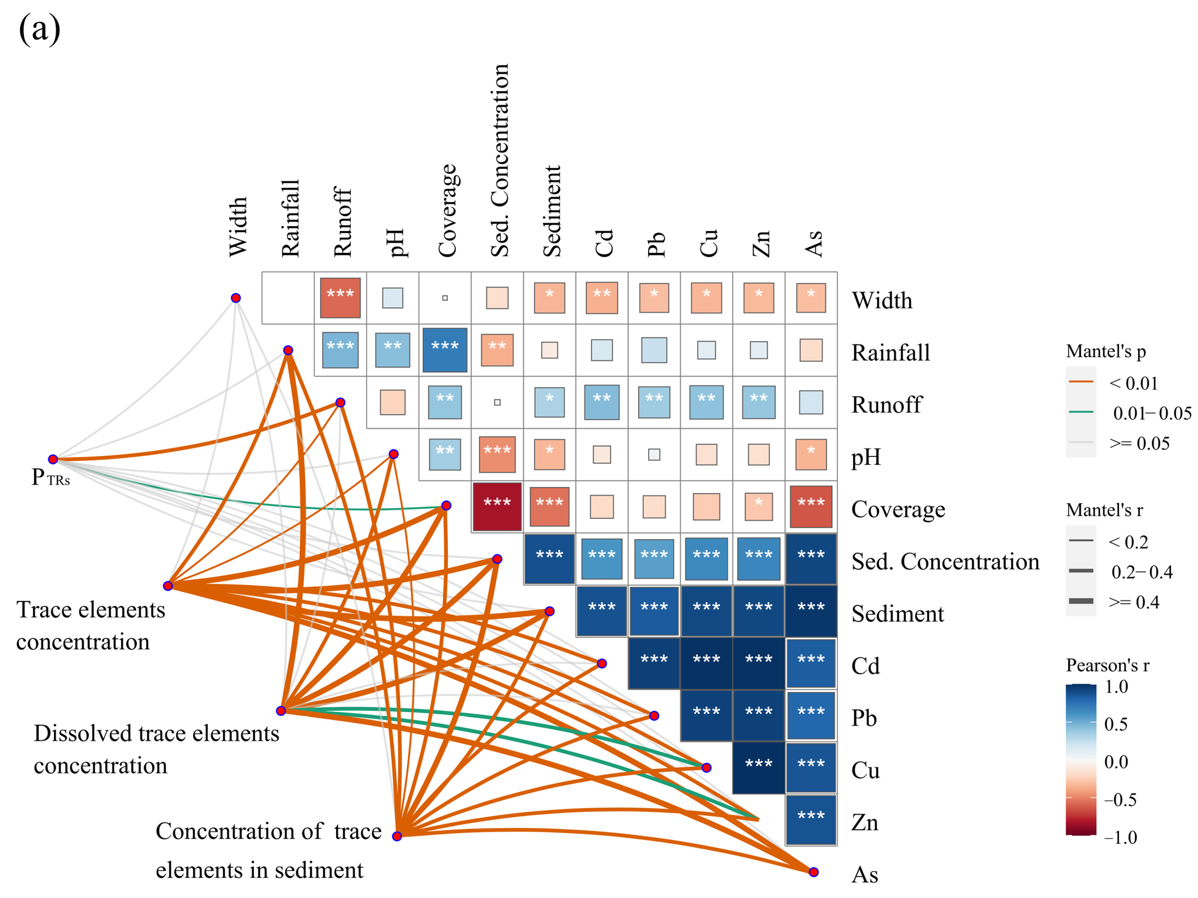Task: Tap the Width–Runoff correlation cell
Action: click(340, 297)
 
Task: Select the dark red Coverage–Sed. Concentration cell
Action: click(497, 506)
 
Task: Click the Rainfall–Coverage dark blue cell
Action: click(445, 350)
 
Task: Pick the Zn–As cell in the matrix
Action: click(811, 820)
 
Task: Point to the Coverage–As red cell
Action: click(811, 506)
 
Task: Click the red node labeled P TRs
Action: click(53, 459)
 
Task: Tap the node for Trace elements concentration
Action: click(168, 585)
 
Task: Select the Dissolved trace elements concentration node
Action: click(280, 711)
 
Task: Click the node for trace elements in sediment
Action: click(397, 836)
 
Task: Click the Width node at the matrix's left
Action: click(235, 298)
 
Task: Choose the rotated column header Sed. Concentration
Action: click(500, 160)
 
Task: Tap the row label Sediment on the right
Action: click(897, 614)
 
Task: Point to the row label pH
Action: click(865, 457)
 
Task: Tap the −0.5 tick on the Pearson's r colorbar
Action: click(1120, 800)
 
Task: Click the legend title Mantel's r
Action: click(1104, 510)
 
